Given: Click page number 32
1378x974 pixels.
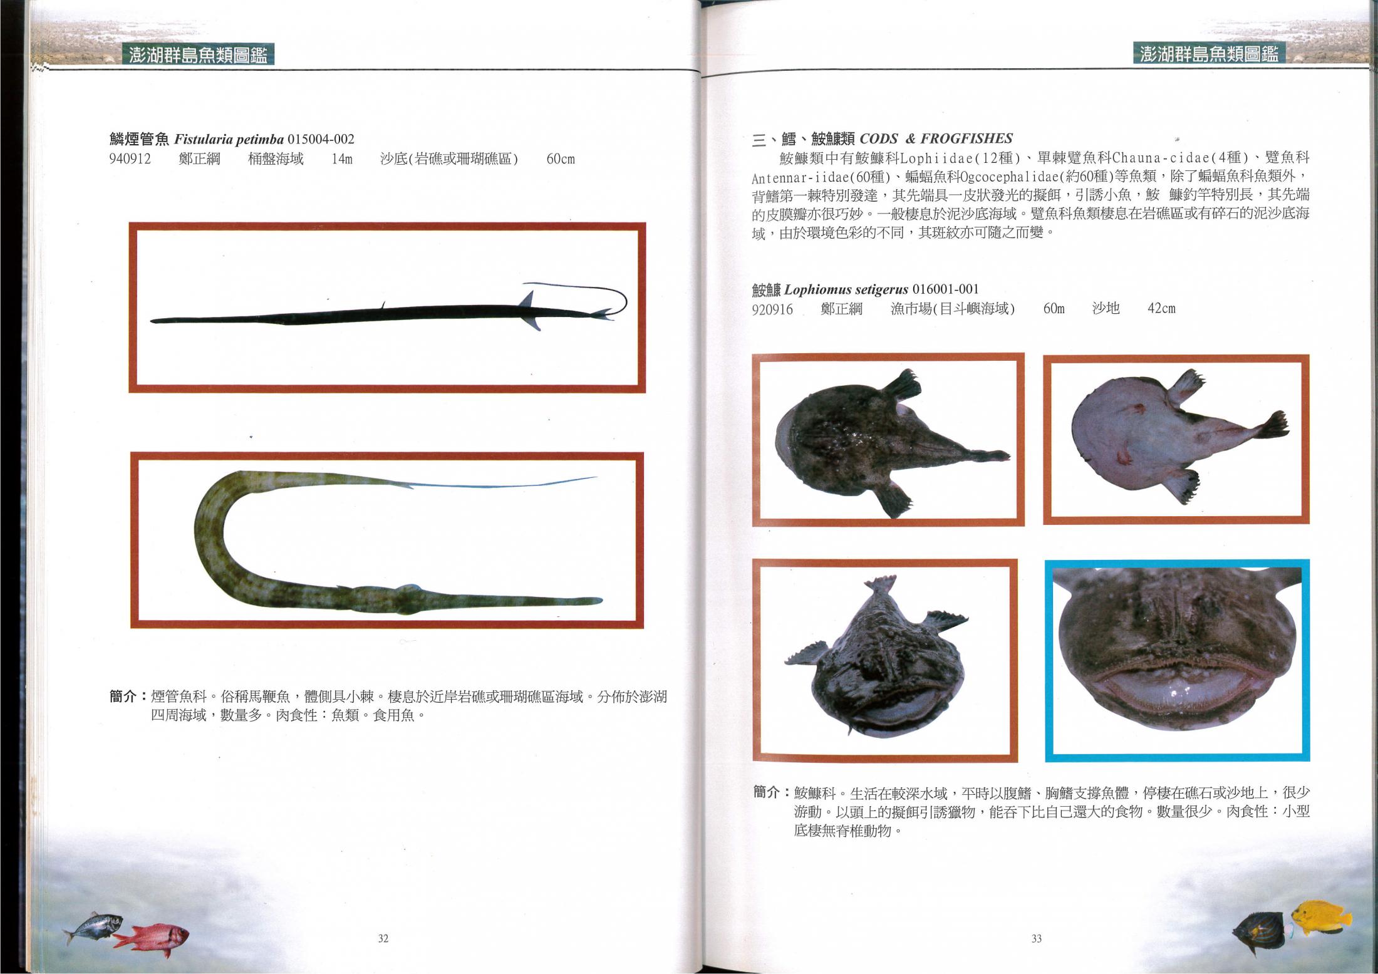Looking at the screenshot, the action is point(383,938).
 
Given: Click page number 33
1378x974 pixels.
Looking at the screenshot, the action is point(1036,938).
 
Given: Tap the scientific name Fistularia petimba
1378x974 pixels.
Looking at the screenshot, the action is point(229,139).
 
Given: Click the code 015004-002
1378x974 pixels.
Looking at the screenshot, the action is point(321,139).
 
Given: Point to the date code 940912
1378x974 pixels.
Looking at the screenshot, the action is point(130,159).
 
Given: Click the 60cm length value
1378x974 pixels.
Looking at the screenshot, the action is point(561,159).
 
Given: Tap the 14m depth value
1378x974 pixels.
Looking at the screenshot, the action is point(342,159).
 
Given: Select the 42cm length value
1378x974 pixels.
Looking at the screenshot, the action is point(1161,309).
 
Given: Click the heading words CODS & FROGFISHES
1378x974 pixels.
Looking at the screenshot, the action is point(936,138).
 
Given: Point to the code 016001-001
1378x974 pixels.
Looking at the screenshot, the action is point(946,289).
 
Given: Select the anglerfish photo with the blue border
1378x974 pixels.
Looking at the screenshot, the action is point(1178,660).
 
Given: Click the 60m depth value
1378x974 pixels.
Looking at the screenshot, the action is point(1054,309).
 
